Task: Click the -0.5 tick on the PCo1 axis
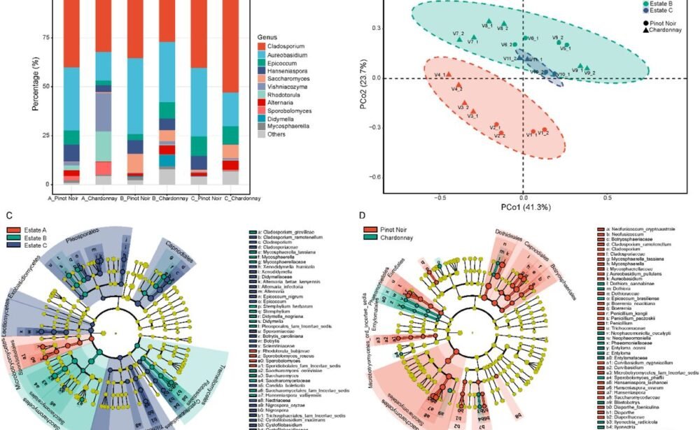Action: [440, 198]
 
